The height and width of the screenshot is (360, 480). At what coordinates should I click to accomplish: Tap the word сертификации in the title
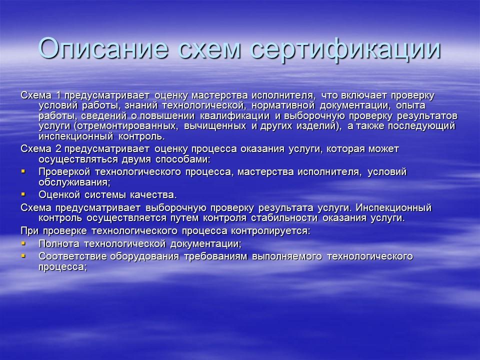pos(345,48)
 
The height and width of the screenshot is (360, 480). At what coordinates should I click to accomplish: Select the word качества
pos(152,194)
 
